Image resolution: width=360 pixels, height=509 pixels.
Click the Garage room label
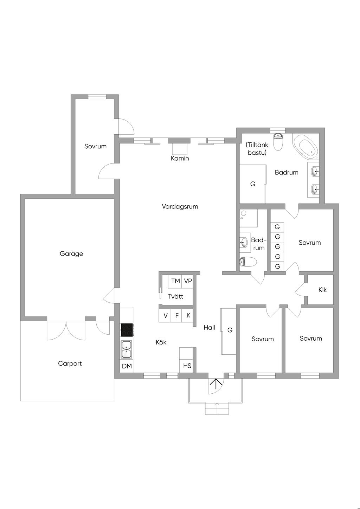pos(71,253)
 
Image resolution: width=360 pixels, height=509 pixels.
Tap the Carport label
pos(70,363)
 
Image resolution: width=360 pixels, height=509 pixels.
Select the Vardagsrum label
pos(180,207)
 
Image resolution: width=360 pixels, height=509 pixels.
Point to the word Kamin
pos(180,159)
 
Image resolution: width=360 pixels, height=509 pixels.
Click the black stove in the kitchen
pos(127,330)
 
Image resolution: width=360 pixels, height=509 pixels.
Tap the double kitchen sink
pos(127,350)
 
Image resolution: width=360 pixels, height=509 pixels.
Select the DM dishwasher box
pos(127,366)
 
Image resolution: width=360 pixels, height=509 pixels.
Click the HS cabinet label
pos(187,366)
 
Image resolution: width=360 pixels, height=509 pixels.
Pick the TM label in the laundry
pos(175,281)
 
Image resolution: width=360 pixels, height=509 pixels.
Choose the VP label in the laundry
pos(188,281)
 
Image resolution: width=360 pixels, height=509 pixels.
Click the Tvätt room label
pos(176,296)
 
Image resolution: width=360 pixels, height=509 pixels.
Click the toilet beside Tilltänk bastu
pos(277,142)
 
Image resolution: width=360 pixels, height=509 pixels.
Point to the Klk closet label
pos(322,290)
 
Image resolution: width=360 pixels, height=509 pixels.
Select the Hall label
pos(209,328)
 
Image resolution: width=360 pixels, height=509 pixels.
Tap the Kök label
pos(161,342)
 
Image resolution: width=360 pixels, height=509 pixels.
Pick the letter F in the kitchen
pos(177,316)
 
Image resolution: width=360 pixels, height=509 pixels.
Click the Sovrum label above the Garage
pos(96,146)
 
